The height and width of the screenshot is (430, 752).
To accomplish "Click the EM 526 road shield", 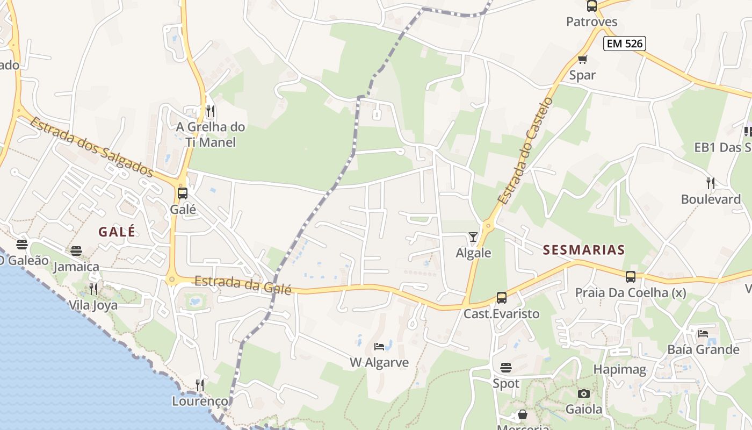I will (624, 44).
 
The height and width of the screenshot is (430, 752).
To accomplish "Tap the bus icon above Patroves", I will (591, 6).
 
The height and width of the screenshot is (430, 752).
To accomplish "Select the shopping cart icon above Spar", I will (582, 59).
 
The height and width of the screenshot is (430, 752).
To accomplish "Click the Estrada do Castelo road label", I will (525, 150).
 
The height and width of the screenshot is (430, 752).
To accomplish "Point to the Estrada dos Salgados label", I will (91, 146).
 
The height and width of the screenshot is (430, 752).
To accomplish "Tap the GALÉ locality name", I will (117, 232).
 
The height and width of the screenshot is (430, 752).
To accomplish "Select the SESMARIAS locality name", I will (584, 249).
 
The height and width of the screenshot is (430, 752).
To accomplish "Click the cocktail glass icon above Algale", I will (473, 236).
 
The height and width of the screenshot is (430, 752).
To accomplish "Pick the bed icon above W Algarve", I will (379, 347).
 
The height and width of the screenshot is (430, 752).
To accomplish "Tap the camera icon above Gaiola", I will (584, 393).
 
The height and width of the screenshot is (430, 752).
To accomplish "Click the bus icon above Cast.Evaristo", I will (501, 297).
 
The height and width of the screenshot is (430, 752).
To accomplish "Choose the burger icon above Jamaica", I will (76, 250).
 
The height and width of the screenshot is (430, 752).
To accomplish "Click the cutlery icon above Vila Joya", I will (93, 289).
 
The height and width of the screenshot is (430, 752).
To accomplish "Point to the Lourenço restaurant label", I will (200, 401).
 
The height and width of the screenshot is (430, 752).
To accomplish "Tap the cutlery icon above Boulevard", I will (711, 183).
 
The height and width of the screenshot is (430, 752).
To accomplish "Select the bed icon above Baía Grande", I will (703, 333).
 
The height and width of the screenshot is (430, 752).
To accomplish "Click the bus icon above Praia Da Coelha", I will (631, 277).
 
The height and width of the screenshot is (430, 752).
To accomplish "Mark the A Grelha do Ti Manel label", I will (211, 134).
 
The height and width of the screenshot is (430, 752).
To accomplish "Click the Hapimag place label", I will (619, 369).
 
